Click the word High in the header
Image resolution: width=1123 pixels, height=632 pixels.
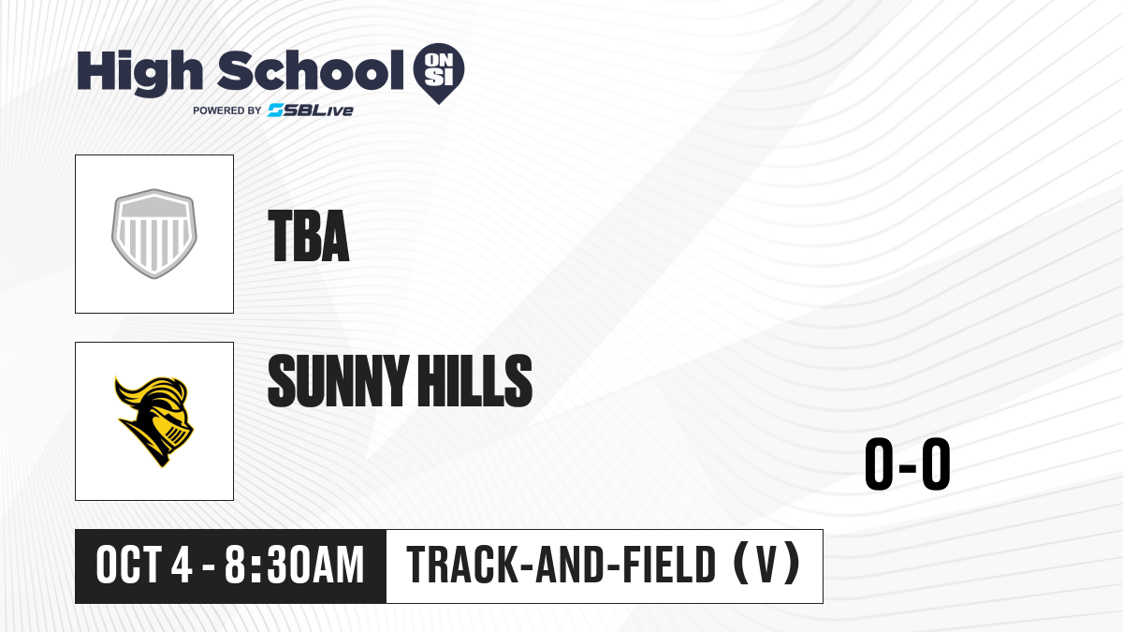coord(139,73)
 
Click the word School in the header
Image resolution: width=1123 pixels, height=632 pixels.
coord(311,70)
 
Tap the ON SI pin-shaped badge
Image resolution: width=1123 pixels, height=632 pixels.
coord(439,73)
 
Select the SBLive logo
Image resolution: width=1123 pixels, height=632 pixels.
coord(311,110)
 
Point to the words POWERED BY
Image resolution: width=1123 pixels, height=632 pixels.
coord(227,110)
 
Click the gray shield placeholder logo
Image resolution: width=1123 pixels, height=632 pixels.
coord(153,234)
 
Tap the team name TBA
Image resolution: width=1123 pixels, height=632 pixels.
coord(308,236)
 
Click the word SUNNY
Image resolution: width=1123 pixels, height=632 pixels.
coord(338,380)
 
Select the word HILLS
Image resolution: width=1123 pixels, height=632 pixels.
coord(475,380)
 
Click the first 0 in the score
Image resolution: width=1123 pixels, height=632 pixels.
coord(880,463)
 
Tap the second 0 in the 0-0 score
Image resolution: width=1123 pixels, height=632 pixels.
coord(936,463)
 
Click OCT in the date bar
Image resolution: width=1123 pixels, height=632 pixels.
coord(129,565)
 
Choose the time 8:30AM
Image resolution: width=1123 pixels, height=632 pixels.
coord(294,565)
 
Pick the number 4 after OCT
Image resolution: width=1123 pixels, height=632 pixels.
coord(182,565)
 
